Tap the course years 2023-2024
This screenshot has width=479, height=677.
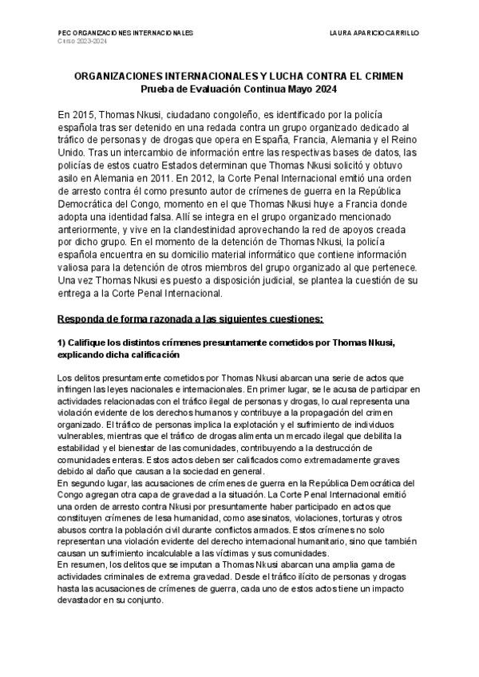tap(89, 42)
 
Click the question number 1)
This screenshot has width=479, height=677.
tap(63, 342)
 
